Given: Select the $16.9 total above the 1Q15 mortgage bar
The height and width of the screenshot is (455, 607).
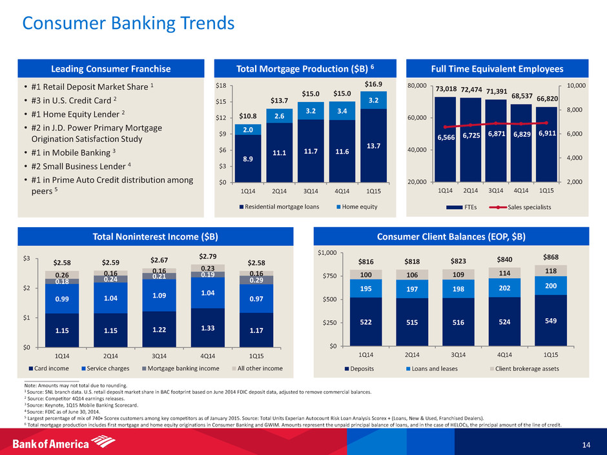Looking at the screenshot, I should [373, 84].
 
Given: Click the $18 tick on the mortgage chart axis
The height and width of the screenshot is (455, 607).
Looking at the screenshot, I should [221, 85].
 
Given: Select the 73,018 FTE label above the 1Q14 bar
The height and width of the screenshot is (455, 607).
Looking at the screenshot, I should [446, 89].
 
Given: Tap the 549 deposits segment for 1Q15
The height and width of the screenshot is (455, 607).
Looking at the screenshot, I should [551, 320].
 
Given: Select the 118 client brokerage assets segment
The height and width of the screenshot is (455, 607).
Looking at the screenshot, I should [551, 270].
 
